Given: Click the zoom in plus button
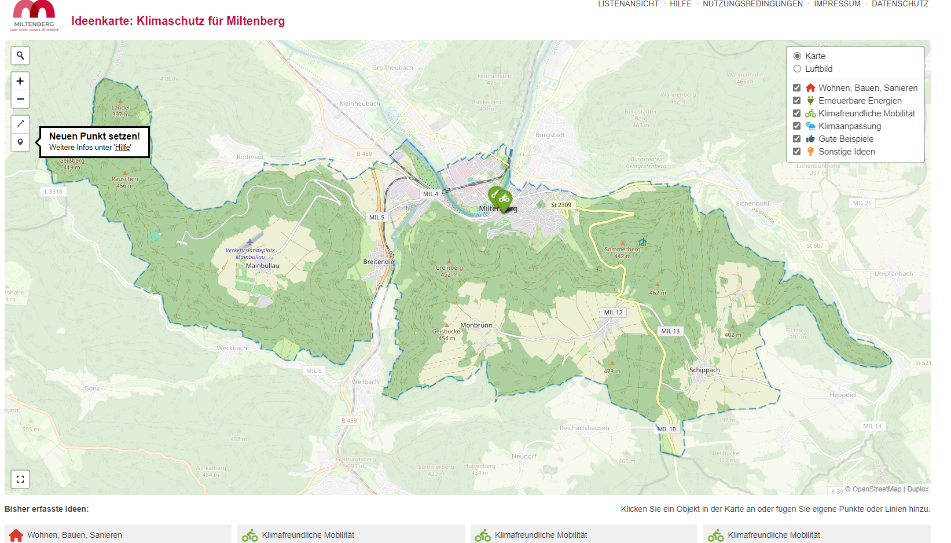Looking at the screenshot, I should point(20,81).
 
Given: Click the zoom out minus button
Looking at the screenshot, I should point(20,99).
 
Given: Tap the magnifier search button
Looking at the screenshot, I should point(20,56).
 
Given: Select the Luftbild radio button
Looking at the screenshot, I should point(797,69).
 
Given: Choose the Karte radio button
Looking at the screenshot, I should point(797,56).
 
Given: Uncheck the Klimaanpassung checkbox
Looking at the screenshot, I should point(796,126).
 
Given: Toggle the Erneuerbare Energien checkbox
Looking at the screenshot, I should point(796,101).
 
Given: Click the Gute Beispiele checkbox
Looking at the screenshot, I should point(796,139).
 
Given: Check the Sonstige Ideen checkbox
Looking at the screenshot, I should point(796,152).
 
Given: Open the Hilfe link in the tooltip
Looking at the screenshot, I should point(122,148).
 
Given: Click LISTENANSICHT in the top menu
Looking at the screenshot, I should point(628,4).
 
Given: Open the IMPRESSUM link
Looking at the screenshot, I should point(837,4).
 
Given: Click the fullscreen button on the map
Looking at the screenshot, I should point(20,479).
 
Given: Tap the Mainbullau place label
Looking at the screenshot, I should point(262,266).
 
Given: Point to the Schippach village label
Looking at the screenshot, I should point(704,370).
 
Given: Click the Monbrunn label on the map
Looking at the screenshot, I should point(476,325).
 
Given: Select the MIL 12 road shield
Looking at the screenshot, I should point(613,313).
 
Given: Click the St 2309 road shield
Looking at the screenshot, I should point(561,205).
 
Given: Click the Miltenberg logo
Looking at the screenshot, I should point(34,16).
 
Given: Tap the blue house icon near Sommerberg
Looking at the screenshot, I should point(642,243).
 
